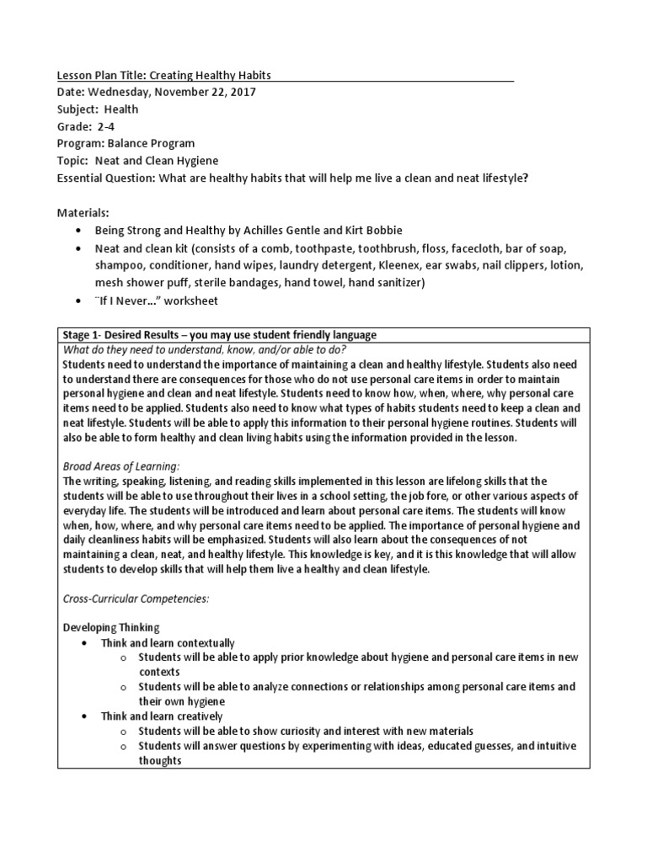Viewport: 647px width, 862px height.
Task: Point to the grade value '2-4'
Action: pyautogui.click(x=107, y=126)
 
